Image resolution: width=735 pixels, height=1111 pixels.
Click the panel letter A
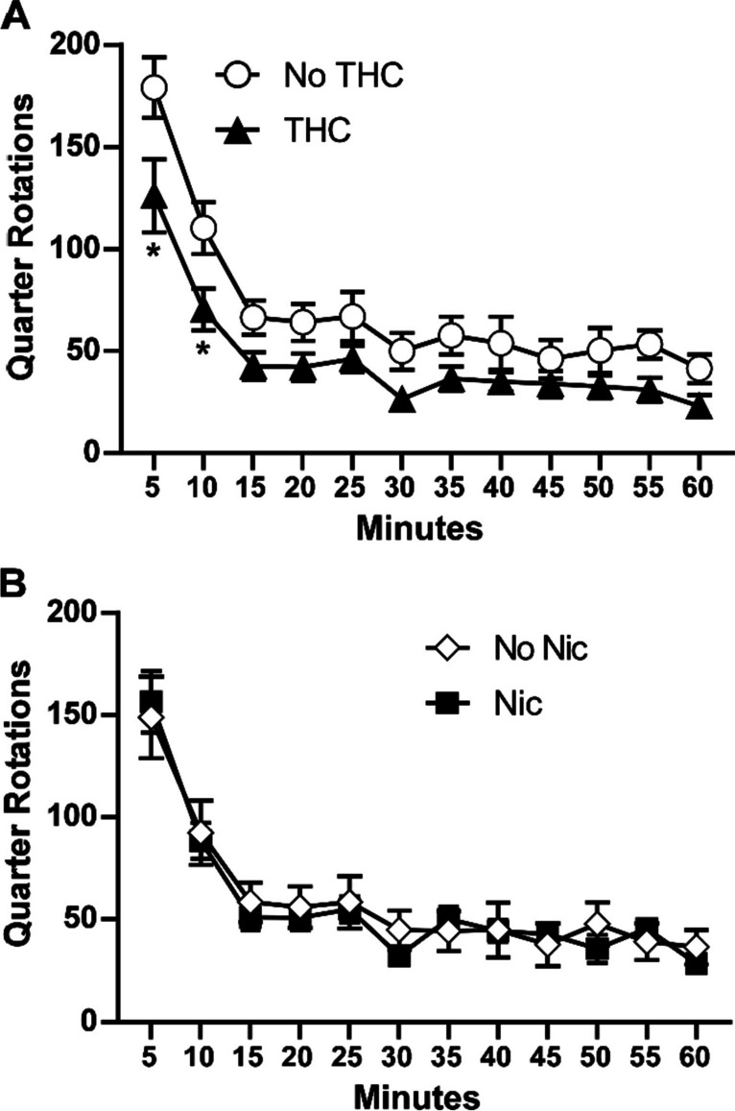click(x=13, y=15)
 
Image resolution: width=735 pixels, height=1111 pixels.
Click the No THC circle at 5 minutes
click(x=154, y=88)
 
